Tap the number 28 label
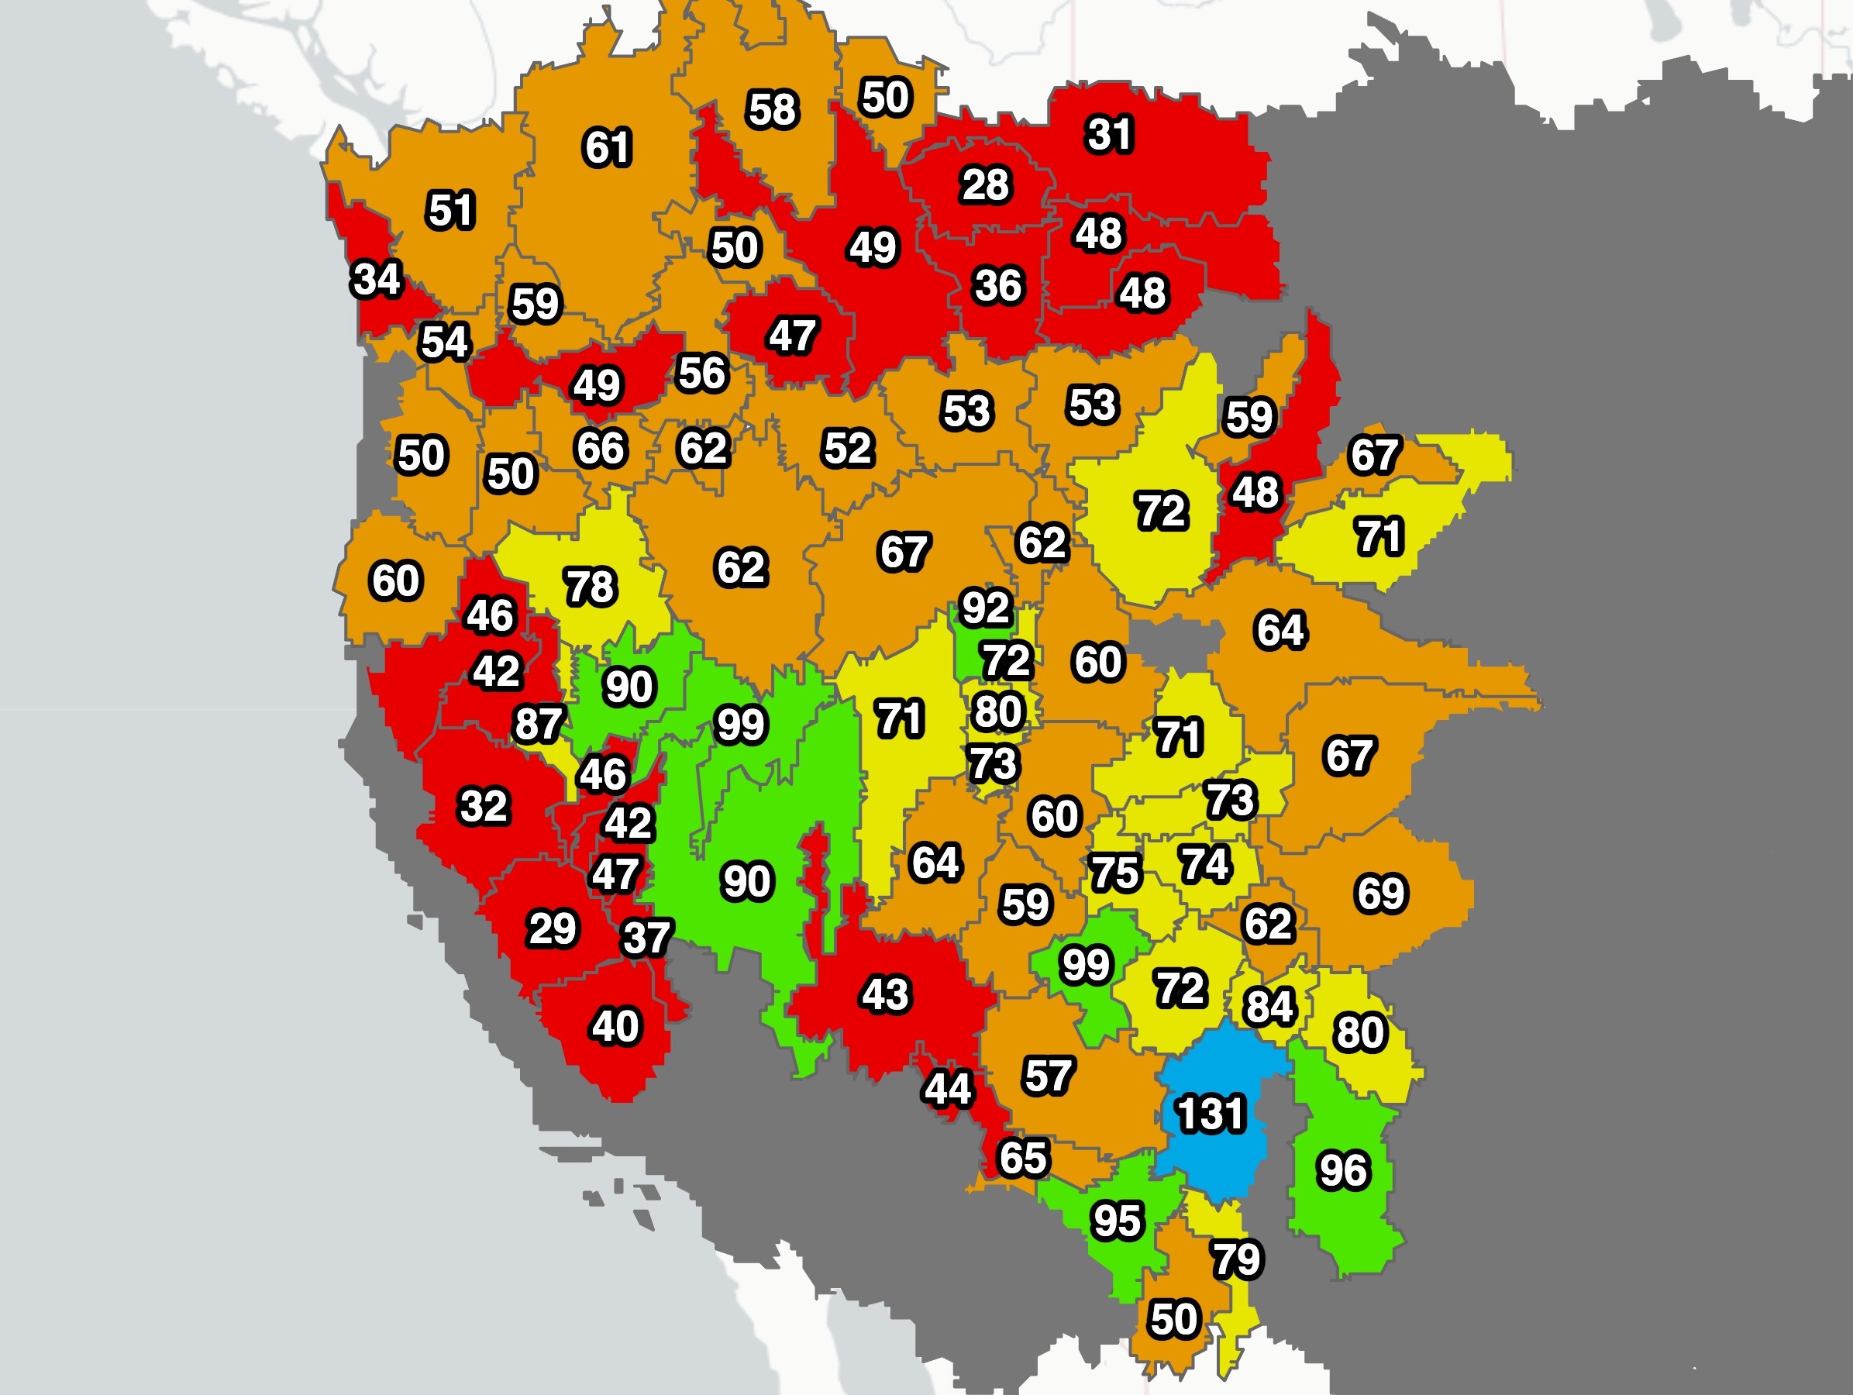(985, 185)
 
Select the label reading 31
(1109, 134)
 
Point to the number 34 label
(376, 279)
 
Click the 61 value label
(607, 147)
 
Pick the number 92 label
(985, 608)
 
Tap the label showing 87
(539, 724)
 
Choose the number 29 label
(552, 928)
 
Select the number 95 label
(1117, 1221)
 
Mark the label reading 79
(1236, 1259)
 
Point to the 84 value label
(1269, 1006)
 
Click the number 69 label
(1380, 893)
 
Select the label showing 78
(591, 587)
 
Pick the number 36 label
(997, 286)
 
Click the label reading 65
(1023, 1158)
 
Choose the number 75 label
(1114, 873)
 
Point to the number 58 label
(773, 110)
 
